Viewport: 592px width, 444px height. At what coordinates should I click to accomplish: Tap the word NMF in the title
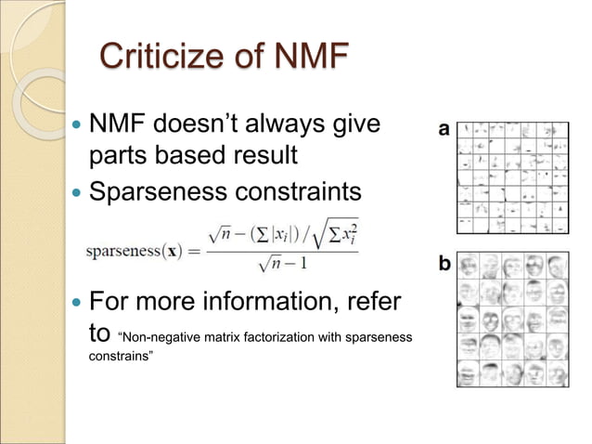pos(309,59)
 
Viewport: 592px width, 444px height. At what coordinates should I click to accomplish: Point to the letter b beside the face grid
pos(444,265)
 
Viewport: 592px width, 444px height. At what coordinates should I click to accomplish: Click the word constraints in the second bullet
pos(297,194)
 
